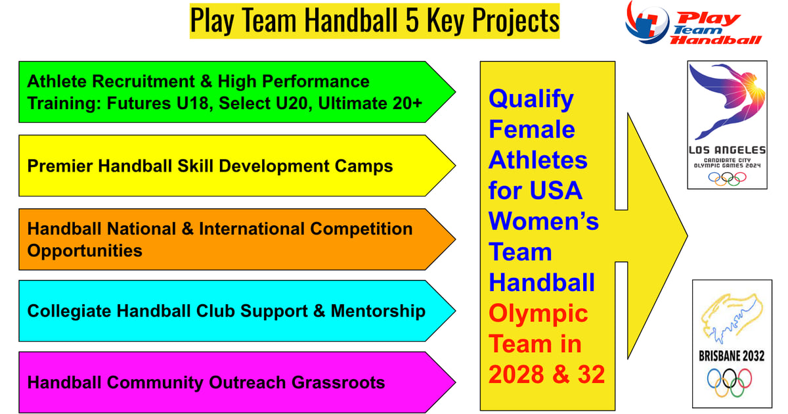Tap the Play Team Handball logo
(693, 23)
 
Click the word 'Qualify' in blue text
(531, 100)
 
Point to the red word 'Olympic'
(538, 313)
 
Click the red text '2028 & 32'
(546, 374)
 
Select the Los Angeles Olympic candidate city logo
(726, 125)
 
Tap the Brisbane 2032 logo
(732, 346)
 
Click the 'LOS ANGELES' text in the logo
(726, 150)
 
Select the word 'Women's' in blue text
(543, 221)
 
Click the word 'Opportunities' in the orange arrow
(85, 251)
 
